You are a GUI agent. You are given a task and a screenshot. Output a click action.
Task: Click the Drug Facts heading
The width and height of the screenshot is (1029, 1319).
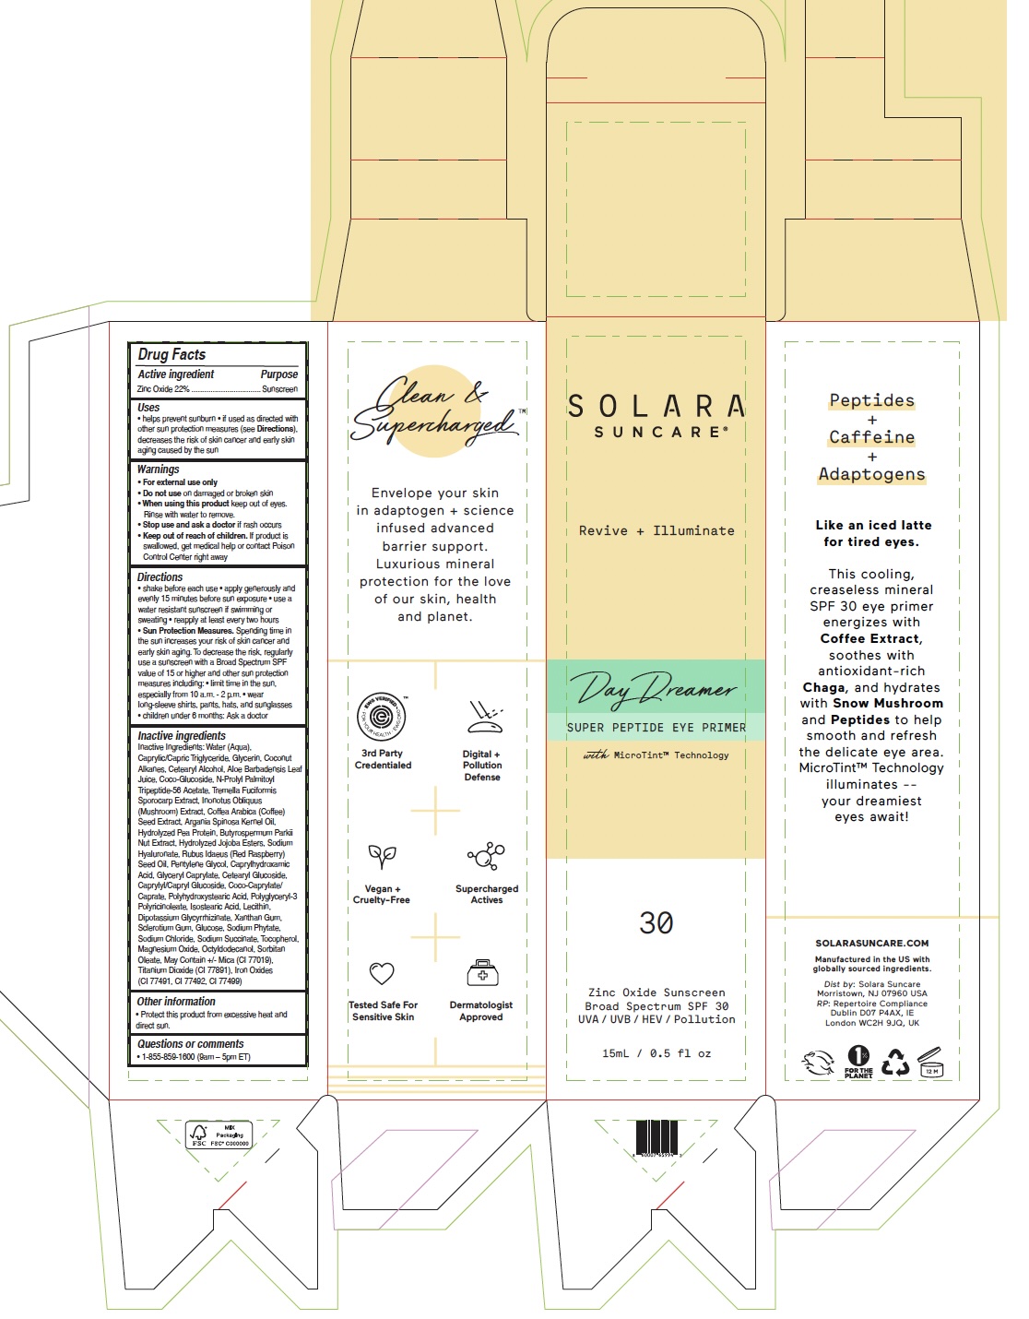[171, 354]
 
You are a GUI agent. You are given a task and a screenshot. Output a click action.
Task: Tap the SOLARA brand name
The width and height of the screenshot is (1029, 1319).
[656, 406]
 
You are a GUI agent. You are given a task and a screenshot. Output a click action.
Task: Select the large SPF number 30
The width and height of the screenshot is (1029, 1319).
[656, 922]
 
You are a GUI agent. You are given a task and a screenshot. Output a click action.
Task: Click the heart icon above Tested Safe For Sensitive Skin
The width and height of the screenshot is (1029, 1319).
[382, 973]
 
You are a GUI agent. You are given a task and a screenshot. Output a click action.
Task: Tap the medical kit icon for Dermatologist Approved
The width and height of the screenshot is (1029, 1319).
[481, 973]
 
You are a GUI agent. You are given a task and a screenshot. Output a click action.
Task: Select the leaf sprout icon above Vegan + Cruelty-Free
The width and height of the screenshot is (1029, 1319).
[382, 857]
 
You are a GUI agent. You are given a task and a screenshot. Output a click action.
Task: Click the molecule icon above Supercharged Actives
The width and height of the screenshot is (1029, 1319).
[486, 857]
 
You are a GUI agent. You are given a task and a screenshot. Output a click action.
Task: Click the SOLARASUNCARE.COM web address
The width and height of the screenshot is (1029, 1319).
[871, 944]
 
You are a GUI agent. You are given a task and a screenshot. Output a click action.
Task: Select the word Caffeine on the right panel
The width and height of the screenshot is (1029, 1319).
[871, 437]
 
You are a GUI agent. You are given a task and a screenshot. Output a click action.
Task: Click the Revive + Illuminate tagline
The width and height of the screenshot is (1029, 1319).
[656, 530]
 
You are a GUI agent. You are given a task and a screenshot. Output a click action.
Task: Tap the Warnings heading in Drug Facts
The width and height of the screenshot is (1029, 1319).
[158, 469]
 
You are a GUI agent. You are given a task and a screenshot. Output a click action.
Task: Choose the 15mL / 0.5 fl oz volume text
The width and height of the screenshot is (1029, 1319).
[656, 1053]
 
